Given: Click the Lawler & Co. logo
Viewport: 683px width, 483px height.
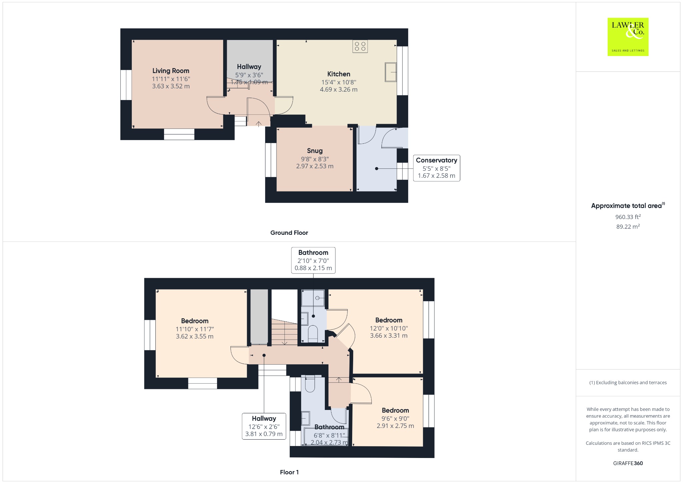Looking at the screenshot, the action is click(628, 37).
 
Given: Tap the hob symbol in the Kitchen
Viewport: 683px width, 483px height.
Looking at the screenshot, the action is click(360, 46).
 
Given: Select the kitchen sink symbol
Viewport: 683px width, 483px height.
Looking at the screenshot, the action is click(391, 72).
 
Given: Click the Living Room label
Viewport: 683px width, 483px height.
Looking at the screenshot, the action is click(171, 71).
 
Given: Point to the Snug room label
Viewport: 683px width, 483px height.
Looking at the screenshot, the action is click(315, 151).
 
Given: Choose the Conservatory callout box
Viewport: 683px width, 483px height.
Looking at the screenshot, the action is click(437, 168).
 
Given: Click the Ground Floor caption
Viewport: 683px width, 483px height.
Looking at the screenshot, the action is click(289, 233).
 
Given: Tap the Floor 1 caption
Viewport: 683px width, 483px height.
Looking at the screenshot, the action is click(289, 472).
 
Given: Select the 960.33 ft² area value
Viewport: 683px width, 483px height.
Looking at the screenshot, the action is click(628, 217).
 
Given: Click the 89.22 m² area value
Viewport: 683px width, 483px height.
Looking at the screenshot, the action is click(628, 226).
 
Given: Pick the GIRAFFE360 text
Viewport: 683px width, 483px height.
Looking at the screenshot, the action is click(628, 463).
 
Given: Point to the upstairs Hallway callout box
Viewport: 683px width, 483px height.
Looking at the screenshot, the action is click(264, 426).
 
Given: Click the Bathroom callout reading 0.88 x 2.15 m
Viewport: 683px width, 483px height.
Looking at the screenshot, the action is click(313, 260).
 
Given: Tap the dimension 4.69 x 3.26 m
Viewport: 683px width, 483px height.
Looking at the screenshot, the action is click(338, 89).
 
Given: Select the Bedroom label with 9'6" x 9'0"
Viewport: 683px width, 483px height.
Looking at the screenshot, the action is click(395, 410).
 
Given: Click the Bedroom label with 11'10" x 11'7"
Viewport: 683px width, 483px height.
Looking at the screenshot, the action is click(195, 321).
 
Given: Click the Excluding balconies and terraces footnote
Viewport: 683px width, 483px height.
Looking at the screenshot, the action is click(628, 383).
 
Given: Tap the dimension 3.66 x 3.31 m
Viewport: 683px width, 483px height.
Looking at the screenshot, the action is click(389, 336).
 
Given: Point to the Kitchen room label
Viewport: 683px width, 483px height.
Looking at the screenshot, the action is click(338, 74).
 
